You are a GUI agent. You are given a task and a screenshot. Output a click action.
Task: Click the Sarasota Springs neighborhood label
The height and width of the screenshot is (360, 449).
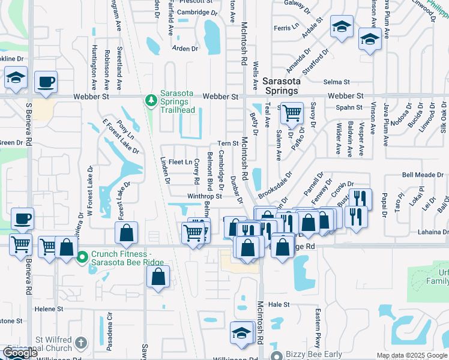point(280,85)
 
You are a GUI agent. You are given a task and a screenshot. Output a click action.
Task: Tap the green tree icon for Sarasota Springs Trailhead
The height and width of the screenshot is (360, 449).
point(151,100)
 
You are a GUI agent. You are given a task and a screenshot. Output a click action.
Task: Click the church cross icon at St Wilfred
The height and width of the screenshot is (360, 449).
point(82,343)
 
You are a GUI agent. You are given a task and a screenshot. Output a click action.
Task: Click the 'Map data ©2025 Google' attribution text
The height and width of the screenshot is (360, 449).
point(412,355)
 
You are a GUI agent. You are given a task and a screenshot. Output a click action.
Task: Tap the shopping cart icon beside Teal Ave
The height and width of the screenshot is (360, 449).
point(292,112)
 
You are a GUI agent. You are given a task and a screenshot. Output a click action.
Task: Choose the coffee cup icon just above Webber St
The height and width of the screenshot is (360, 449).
point(46,81)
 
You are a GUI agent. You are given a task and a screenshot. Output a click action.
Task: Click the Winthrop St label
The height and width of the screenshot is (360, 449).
point(205,196)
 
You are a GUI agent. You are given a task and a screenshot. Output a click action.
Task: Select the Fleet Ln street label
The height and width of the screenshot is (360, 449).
point(180,162)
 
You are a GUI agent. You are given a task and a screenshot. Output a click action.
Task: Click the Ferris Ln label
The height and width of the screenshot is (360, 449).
point(286,27)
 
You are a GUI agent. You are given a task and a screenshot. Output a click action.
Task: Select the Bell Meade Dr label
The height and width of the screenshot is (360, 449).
point(423,175)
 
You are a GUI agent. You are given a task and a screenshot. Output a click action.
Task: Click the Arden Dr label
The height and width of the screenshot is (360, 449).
point(185,49)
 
